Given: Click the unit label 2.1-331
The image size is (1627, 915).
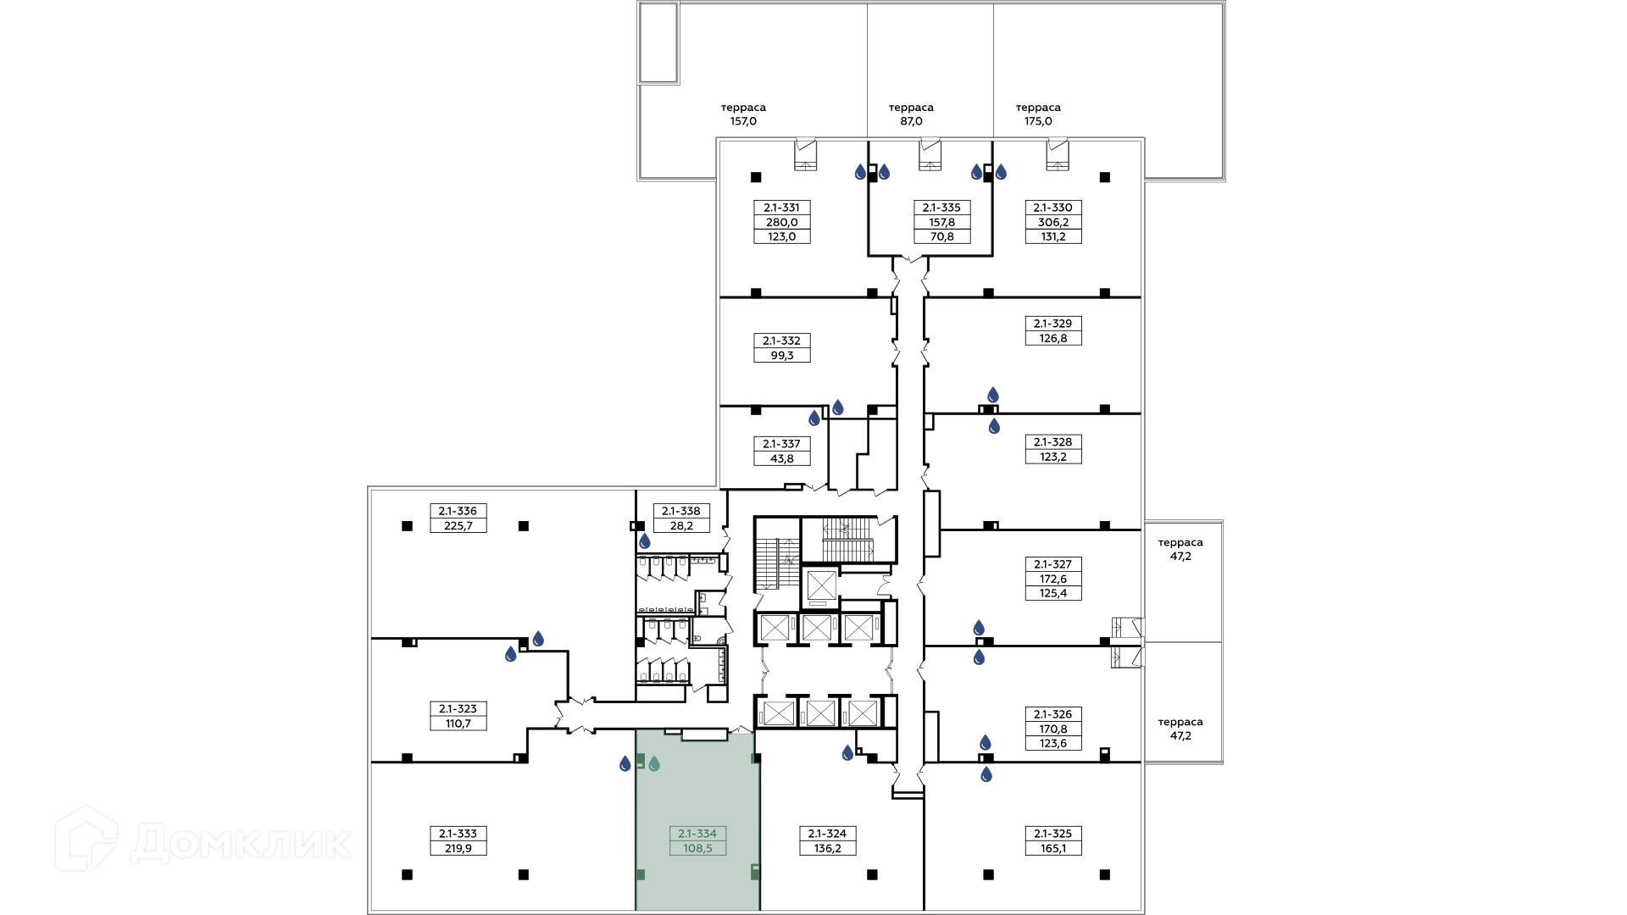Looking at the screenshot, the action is [781, 208].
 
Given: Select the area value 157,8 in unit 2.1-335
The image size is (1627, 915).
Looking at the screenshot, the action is [941, 223].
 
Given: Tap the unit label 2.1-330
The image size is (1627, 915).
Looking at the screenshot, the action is [1053, 208].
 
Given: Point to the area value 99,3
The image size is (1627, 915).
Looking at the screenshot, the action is [781, 356].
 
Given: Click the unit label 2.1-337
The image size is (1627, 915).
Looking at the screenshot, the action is [781, 444].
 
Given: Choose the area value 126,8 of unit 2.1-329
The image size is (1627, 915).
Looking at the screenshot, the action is [1053, 339].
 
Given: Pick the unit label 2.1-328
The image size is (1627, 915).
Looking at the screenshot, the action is [1053, 442].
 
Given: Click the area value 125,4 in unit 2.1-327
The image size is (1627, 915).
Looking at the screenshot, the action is [1053, 594].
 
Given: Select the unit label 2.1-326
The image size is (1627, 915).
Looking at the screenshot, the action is [1053, 714].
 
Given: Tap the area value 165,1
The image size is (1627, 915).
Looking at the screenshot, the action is [1053, 848].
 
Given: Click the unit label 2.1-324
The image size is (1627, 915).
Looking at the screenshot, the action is [827, 834].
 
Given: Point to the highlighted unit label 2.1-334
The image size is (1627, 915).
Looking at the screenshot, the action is [697, 834].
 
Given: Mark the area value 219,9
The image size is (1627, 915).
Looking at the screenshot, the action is [458, 848].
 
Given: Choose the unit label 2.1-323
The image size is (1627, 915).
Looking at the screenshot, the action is [458, 709].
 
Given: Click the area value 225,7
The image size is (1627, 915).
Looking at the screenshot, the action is [458, 526].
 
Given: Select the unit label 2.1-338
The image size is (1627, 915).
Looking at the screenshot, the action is [681, 512].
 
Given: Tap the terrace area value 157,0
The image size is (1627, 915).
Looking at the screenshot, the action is [743, 121].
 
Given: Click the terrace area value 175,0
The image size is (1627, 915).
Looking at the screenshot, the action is [1038, 121].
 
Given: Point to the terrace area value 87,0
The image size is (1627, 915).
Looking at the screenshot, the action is [911, 121].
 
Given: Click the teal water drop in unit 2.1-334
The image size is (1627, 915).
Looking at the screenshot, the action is [654, 764].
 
